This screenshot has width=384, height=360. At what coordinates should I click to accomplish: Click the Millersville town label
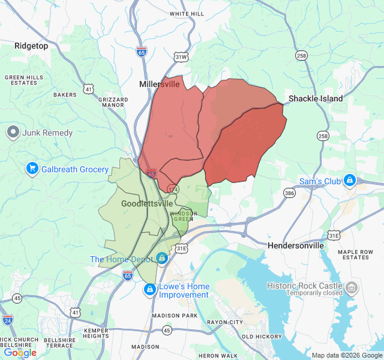click(x=159, y=84)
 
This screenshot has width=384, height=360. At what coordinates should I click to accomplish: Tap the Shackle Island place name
click(x=316, y=98)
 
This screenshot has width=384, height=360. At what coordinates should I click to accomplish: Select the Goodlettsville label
click(x=147, y=203)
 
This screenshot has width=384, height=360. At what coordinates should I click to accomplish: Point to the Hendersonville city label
click(x=295, y=245)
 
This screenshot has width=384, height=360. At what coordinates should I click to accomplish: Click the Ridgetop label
click(x=31, y=46)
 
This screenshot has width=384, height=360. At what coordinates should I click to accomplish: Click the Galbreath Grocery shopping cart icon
click(x=32, y=169)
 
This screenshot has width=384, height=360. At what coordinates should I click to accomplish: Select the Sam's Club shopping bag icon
click(x=349, y=181)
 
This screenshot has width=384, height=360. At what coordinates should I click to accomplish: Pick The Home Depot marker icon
click(x=161, y=258)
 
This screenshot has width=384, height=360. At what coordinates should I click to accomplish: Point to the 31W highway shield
click(x=181, y=57)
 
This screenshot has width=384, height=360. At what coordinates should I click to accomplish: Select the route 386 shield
click(x=290, y=193)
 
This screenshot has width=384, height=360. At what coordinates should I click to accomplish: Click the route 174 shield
click(x=173, y=189)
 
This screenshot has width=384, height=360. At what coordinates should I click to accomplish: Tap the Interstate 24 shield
click(x=7, y=320)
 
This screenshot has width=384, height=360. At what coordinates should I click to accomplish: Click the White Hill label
click(x=187, y=13)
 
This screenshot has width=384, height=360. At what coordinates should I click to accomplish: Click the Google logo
click(x=20, y=353)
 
